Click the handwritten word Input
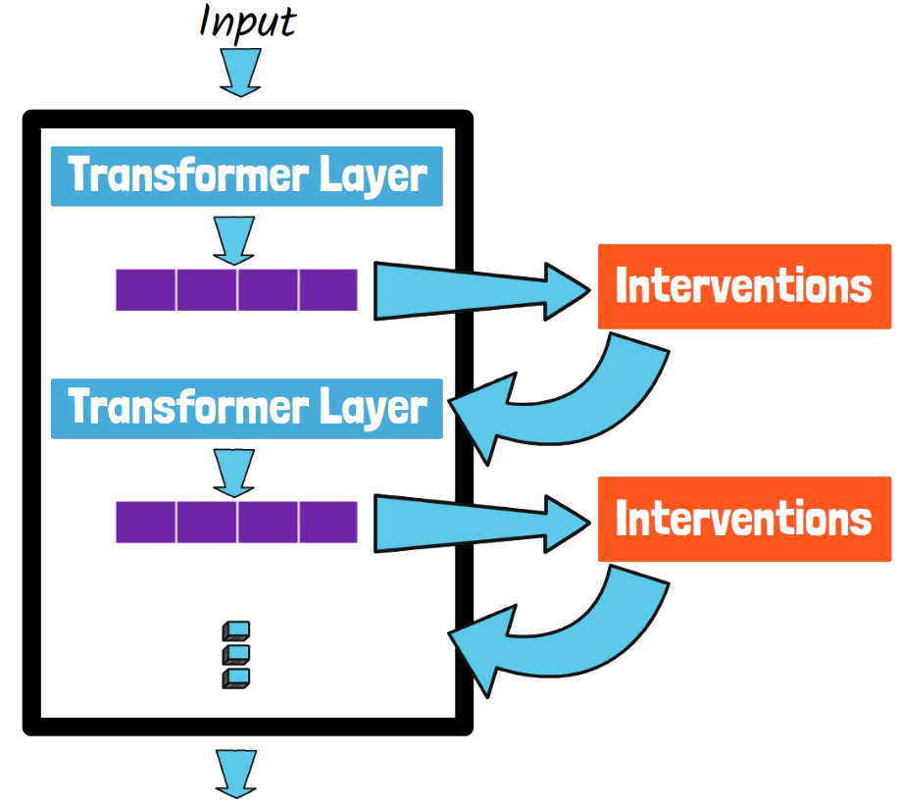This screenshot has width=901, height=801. tap(246, 22)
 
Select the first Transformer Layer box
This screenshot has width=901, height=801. tap(246, 176)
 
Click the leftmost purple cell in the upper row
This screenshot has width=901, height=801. tap(146, 289)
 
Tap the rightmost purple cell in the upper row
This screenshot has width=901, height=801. tap(328, 289)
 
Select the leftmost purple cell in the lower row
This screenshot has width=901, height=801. tap(146, 522)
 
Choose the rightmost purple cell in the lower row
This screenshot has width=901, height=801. tap(328, 522)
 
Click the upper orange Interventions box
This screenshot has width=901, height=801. tap(743, 286)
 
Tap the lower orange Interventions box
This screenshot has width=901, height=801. tap(743, 519)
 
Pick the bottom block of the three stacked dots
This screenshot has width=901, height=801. tap(236, 677)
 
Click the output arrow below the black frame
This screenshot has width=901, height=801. tap(234, 772)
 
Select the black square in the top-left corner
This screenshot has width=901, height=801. tap(53, 41)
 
